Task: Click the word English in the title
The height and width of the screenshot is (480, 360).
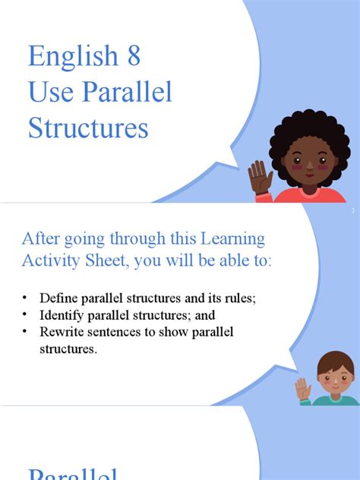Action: coord(73,58)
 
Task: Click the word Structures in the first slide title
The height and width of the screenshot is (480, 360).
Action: coord(88,128)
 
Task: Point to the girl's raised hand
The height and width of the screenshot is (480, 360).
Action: coord(260,179)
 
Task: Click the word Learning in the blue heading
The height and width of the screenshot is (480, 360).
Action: coord(235,239)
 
